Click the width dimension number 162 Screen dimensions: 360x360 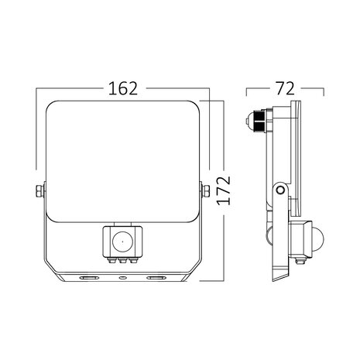[124, 88]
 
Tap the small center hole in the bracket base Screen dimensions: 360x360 [122, 275]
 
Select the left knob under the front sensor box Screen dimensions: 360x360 [110, 261]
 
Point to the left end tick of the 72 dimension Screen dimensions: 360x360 [248, 91]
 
